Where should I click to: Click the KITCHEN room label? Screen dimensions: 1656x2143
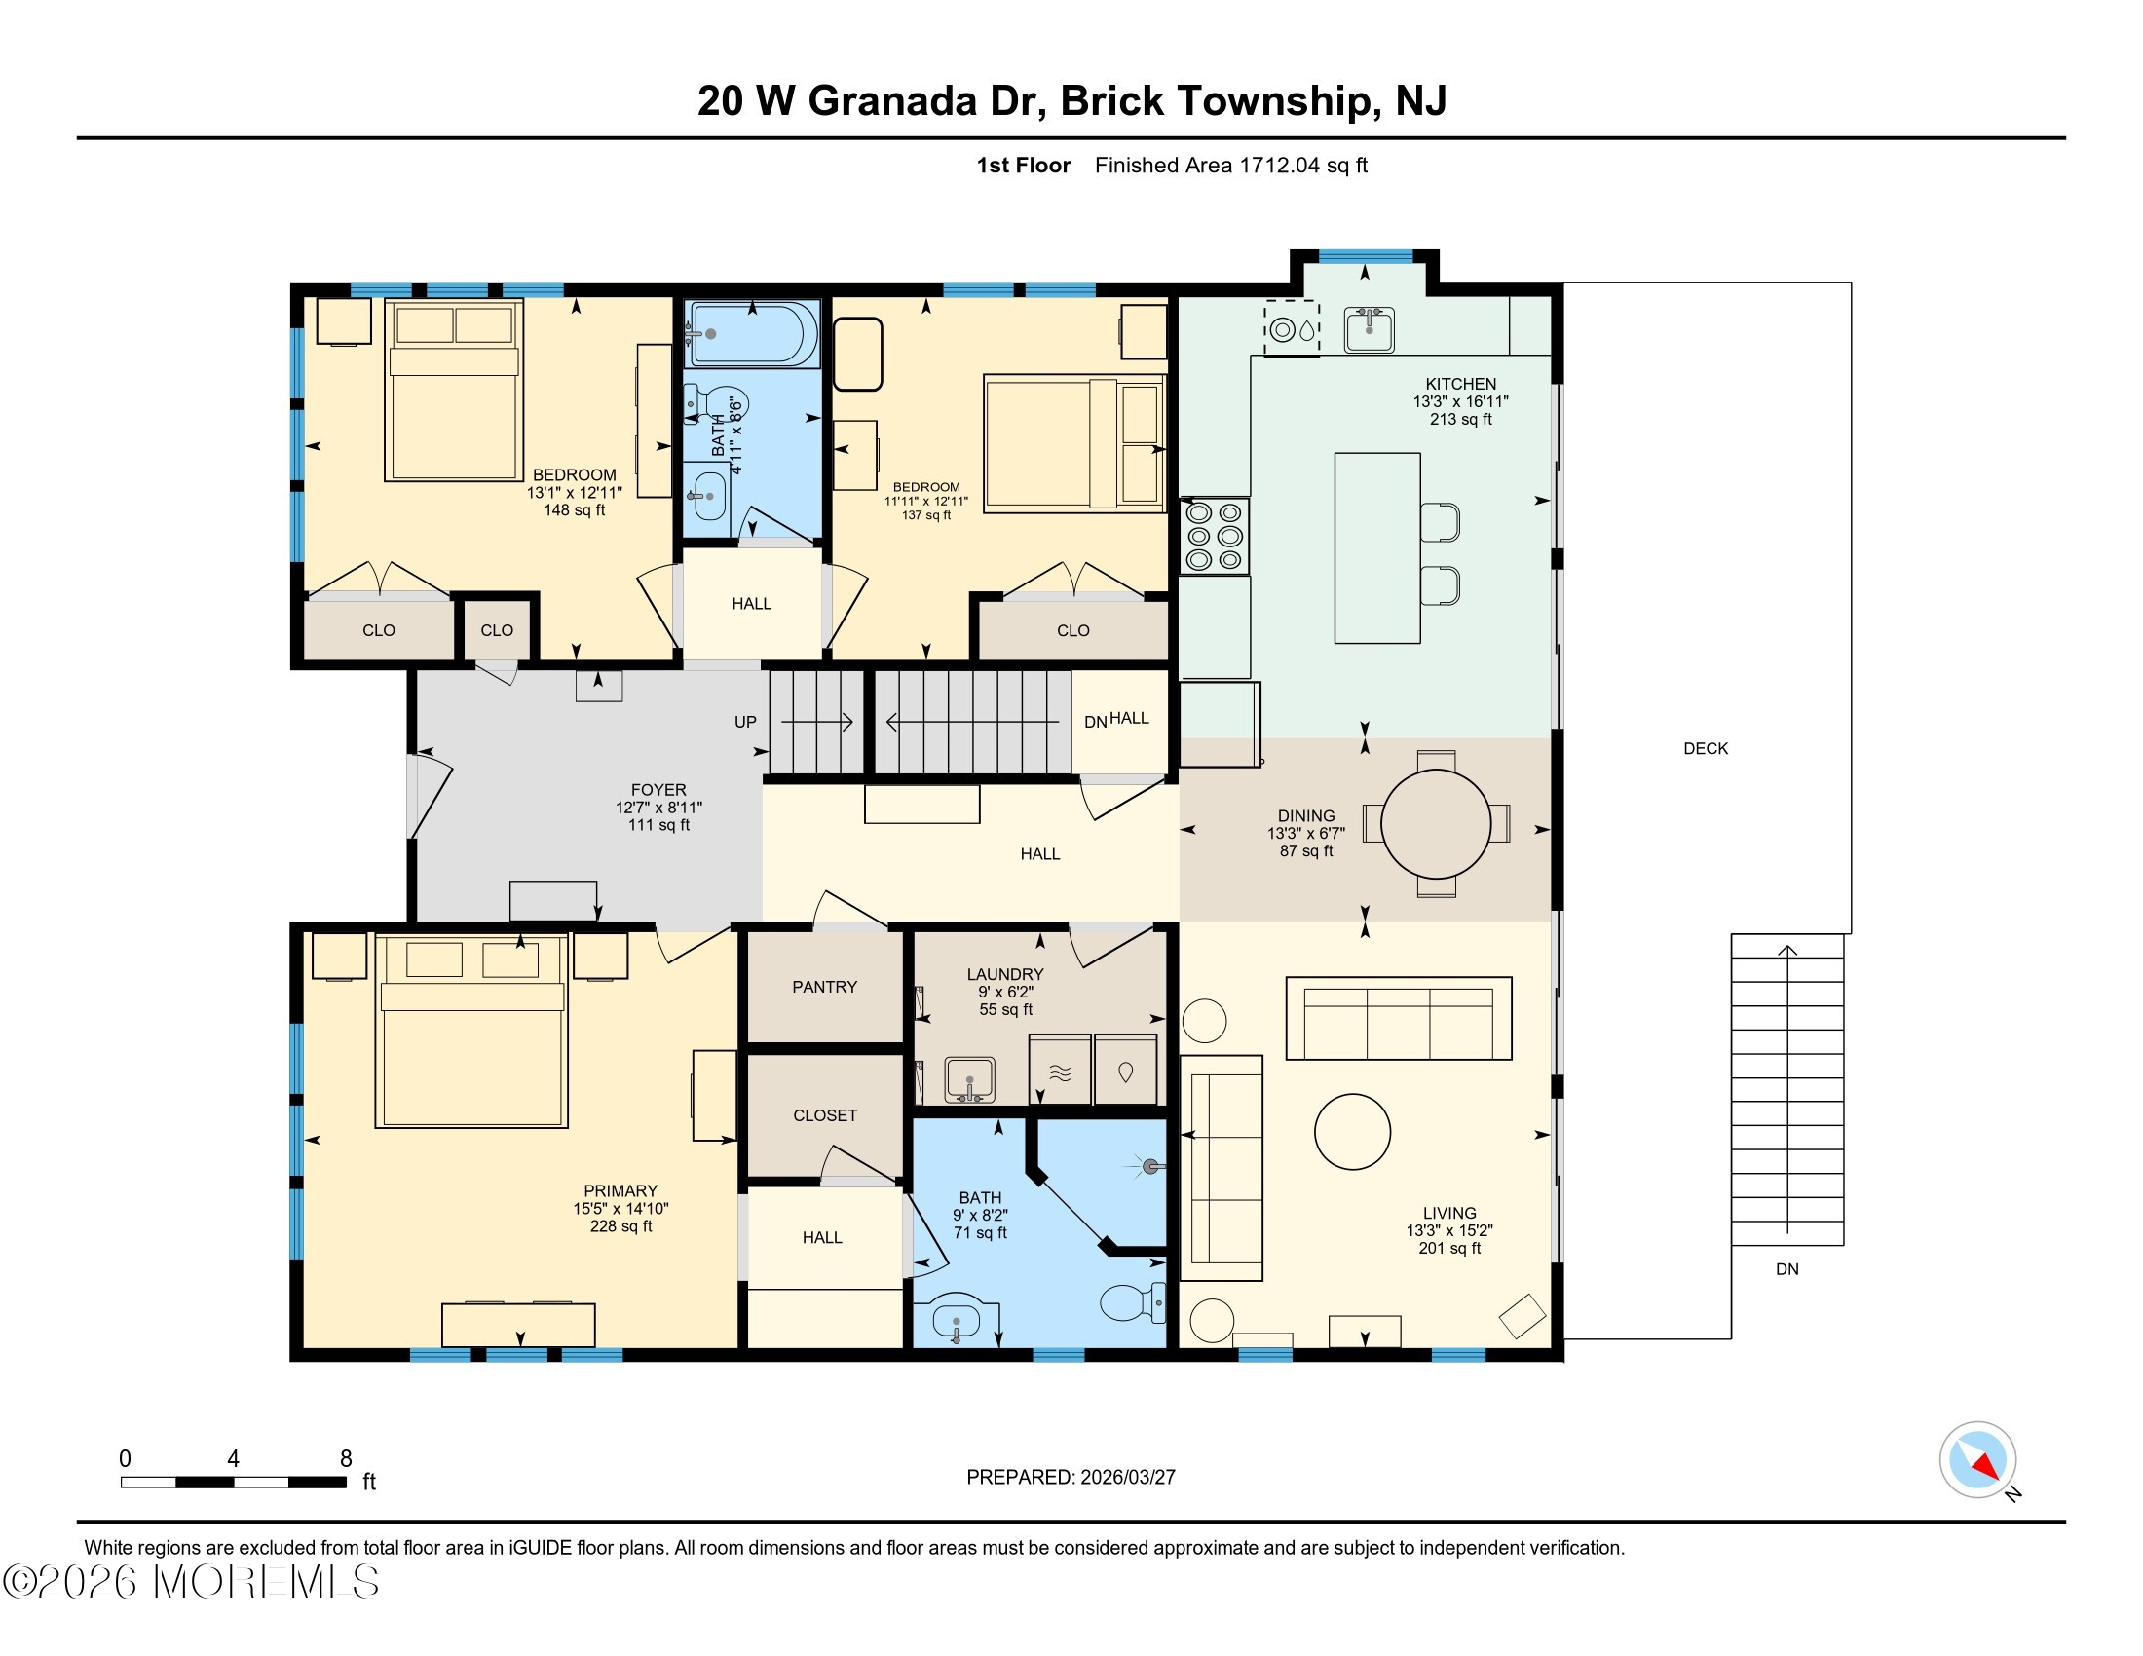tap(1460, 384)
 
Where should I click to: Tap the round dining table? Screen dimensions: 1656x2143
tap(1436, 824)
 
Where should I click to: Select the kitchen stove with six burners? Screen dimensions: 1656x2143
tap(1214, 536)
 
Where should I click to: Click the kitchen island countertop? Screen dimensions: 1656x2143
tap(1376, 547)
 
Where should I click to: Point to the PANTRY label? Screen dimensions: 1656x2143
tap(824, 987)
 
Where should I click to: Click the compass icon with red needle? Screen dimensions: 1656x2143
tap(1977, 1460)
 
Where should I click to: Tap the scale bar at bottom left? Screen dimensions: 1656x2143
tap(234, 1482)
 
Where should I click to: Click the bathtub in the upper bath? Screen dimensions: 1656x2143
tap(754, 333)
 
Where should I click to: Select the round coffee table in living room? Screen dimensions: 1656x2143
tap(1352, 1131)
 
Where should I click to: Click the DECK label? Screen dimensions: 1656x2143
tap(1706, 748)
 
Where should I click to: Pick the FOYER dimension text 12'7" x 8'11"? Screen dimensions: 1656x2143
tap(658, 808)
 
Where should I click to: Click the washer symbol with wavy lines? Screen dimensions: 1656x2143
tap(1060, 1072)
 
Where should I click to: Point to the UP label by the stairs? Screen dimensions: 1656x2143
tap(745, 722)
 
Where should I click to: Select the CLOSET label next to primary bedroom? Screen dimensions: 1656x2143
tap(824, 1115)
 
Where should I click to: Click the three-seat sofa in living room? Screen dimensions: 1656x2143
tap(1398, 1018)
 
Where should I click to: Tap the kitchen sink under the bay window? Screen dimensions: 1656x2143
tap(1369, 328)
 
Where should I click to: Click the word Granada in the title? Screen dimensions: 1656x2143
tap(893, 101)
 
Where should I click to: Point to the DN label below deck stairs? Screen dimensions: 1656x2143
tap(1786, 1269)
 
